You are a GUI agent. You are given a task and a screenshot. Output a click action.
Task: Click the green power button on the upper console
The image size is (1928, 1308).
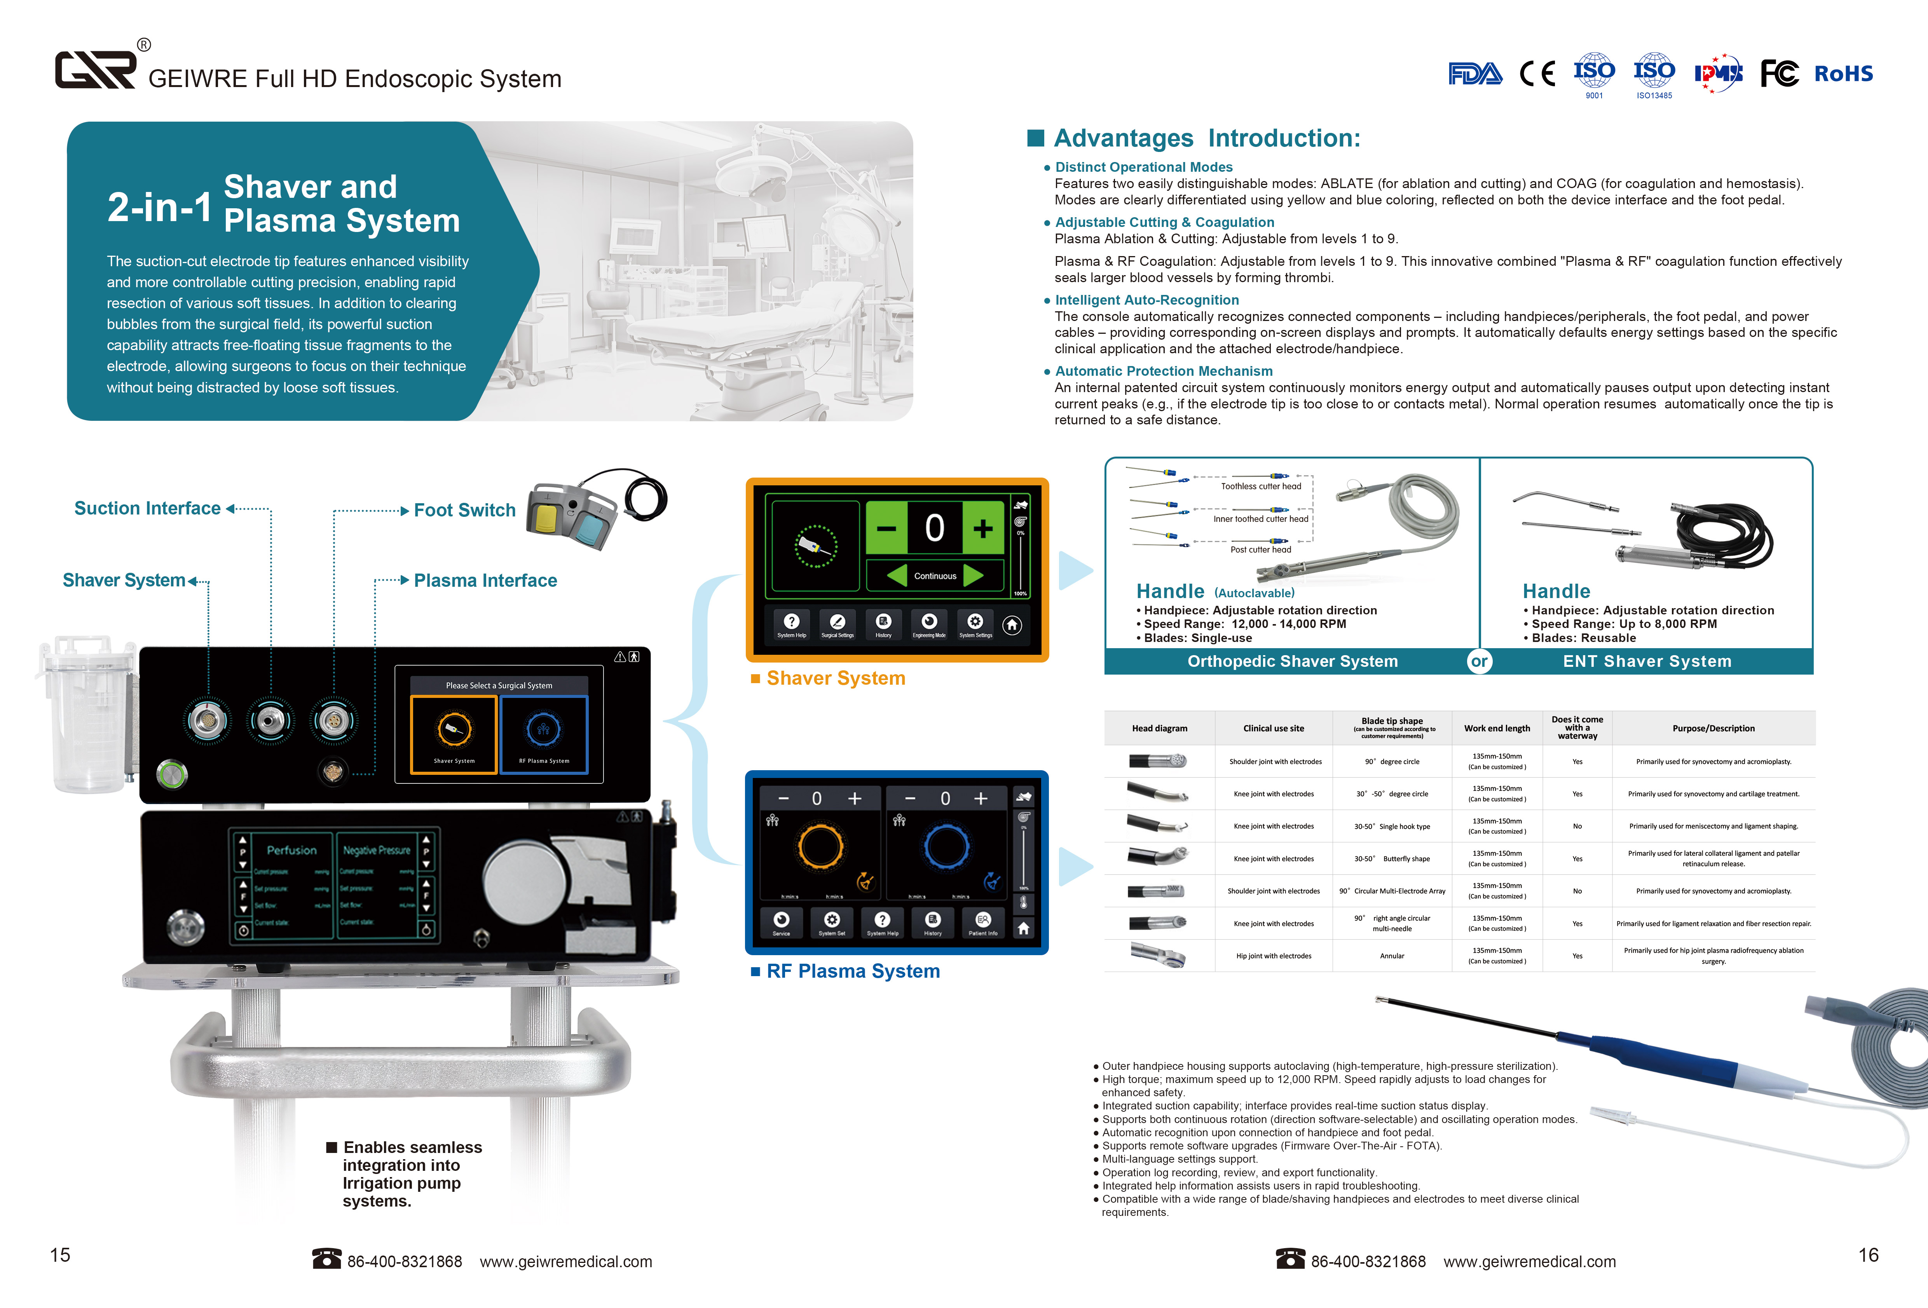(173, 775)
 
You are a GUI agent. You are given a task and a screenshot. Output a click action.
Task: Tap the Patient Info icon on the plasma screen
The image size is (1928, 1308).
(983, 922)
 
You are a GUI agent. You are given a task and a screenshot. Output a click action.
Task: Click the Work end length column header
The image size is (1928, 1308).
(1497, 728)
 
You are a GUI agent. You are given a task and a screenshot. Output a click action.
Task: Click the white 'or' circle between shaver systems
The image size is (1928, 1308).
(1479, 661)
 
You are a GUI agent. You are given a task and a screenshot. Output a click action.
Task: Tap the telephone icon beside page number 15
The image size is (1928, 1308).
(326, 1259)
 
